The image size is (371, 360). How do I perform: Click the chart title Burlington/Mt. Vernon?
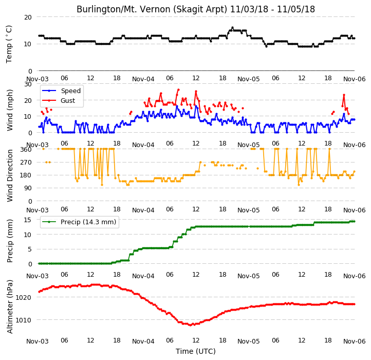[196, 9]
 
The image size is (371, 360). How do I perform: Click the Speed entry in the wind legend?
[61, 91]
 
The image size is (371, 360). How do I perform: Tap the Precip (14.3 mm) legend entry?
[79, 222]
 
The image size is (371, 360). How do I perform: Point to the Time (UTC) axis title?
[196, 351]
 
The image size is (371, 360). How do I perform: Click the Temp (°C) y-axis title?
[9, 44]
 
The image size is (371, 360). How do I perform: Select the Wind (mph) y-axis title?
[9, 110]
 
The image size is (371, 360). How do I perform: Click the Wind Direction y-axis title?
[9, 175]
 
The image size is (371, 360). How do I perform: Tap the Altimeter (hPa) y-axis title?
[9, 307]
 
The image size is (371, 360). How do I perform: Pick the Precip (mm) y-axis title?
[9, 241]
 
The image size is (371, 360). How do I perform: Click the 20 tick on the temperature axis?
[28, 17]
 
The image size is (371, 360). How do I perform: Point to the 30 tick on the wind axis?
[28, 84]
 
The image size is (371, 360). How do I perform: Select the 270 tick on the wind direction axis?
[26, 163]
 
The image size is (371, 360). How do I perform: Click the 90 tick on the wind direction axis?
[28, 188]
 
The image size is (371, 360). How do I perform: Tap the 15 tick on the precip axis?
[27, 220]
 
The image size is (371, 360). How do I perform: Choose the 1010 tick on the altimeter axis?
[23, 320]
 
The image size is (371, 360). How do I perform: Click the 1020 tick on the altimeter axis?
[23, 297]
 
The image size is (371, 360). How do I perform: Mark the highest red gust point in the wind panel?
[178, 89]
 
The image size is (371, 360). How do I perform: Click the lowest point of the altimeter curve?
[191, 325]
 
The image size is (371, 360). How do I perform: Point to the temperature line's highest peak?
[232, 27]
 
